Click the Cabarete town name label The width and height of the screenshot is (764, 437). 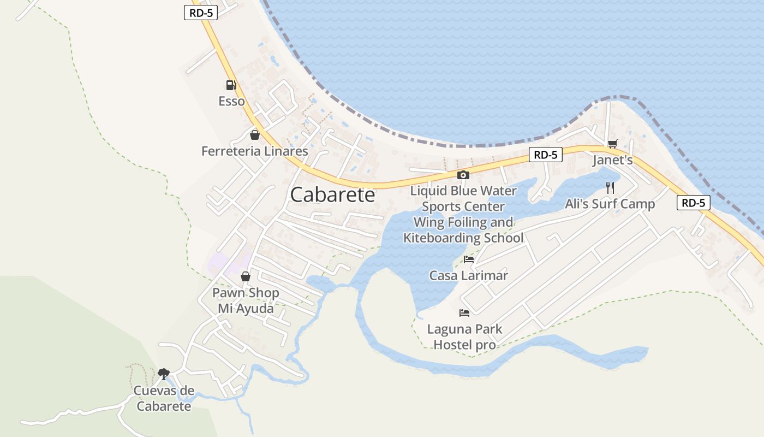point(333,194)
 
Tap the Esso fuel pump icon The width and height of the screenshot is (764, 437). point(231,85)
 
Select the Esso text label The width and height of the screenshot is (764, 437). point(231,101)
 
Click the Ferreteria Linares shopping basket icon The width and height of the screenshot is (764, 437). point(254,135)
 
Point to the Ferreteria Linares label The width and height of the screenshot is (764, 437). point(254,151)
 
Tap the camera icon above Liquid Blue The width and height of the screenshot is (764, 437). point(463,175)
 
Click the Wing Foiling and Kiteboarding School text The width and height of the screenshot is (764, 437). point(463,230)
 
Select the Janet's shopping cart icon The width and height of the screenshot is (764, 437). point(612,144)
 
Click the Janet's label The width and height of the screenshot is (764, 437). point(612,160)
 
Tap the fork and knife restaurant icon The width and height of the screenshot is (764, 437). point(610,188)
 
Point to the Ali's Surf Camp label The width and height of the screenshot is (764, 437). point(610,204)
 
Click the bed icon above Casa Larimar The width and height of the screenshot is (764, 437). point(469,259)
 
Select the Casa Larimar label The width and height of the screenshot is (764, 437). point(469,275)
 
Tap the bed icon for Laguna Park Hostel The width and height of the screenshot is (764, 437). point(464,313)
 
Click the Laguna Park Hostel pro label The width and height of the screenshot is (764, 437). point(464,337)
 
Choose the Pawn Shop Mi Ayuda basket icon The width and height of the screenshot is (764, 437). point(246,276)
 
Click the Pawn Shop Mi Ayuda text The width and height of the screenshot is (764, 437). point(246,300)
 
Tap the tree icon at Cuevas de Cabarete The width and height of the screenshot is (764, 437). point(163,374)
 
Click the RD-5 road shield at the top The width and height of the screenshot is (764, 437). point(201,13)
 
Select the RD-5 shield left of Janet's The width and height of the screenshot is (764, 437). point(545,155)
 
